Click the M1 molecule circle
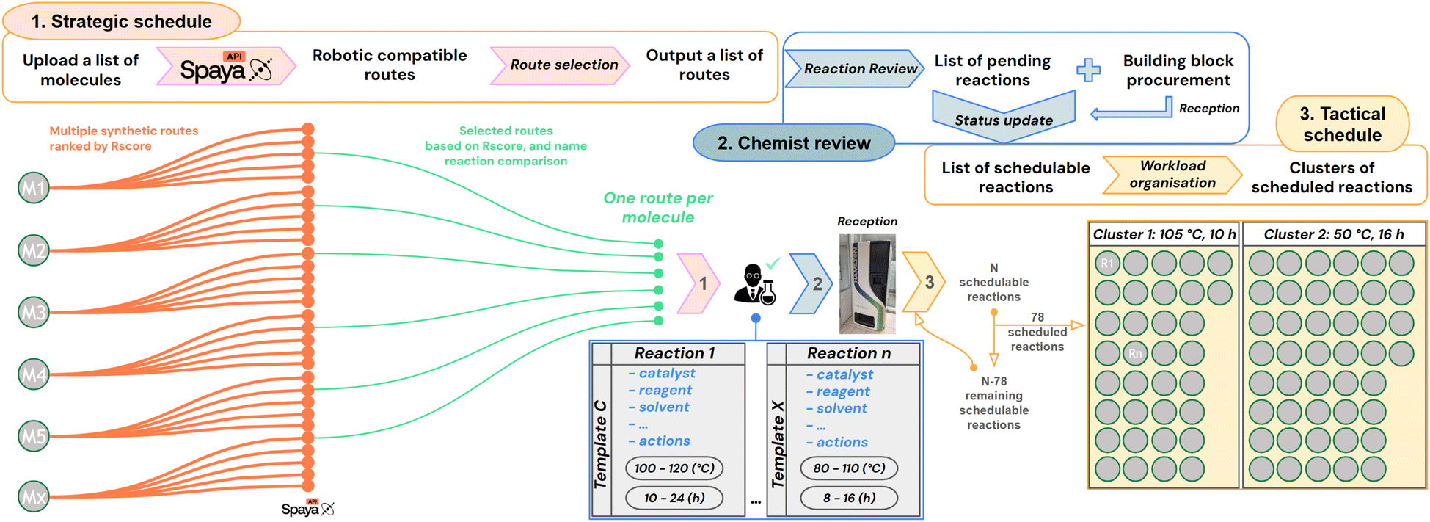[33, 188]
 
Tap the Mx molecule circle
[33, 497]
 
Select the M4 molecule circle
[33, 374]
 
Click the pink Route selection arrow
[561, 65]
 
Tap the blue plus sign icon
[1088, 70]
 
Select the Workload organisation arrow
[1172, 175]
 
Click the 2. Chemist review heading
[794, 143]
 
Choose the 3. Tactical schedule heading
[1342, 124]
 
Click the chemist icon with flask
[755, 285]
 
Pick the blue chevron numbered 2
[813, 284]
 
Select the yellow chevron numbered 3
[925, 282]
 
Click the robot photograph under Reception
[867, 283]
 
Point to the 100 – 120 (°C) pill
[674, 468]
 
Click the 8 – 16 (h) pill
[849, 498]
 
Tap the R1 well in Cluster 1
[1107, 263]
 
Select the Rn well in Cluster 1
[1135, 353]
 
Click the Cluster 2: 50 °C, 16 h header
[1333, 234]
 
